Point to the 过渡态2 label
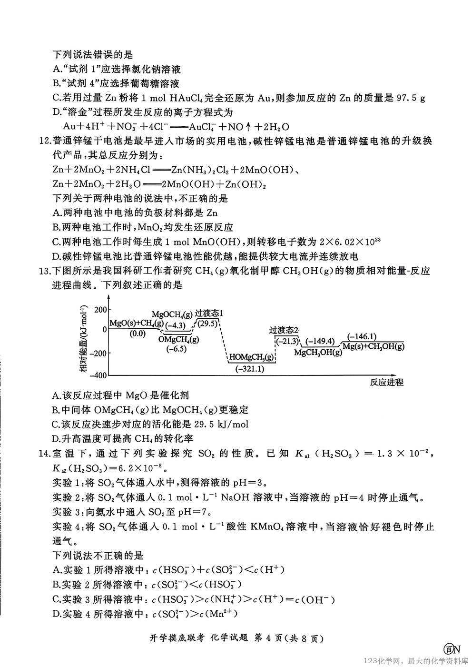click(284, 330)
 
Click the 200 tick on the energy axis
click(101, 309)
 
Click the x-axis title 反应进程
click(386, 382)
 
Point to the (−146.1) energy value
click(362, 336)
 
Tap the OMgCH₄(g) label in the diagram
click(179, 339)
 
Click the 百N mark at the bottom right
click(452, 648)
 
